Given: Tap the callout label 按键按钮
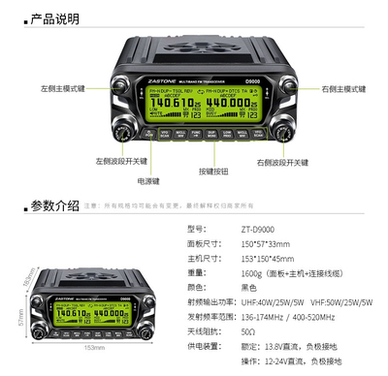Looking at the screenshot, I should click(217, 171).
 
